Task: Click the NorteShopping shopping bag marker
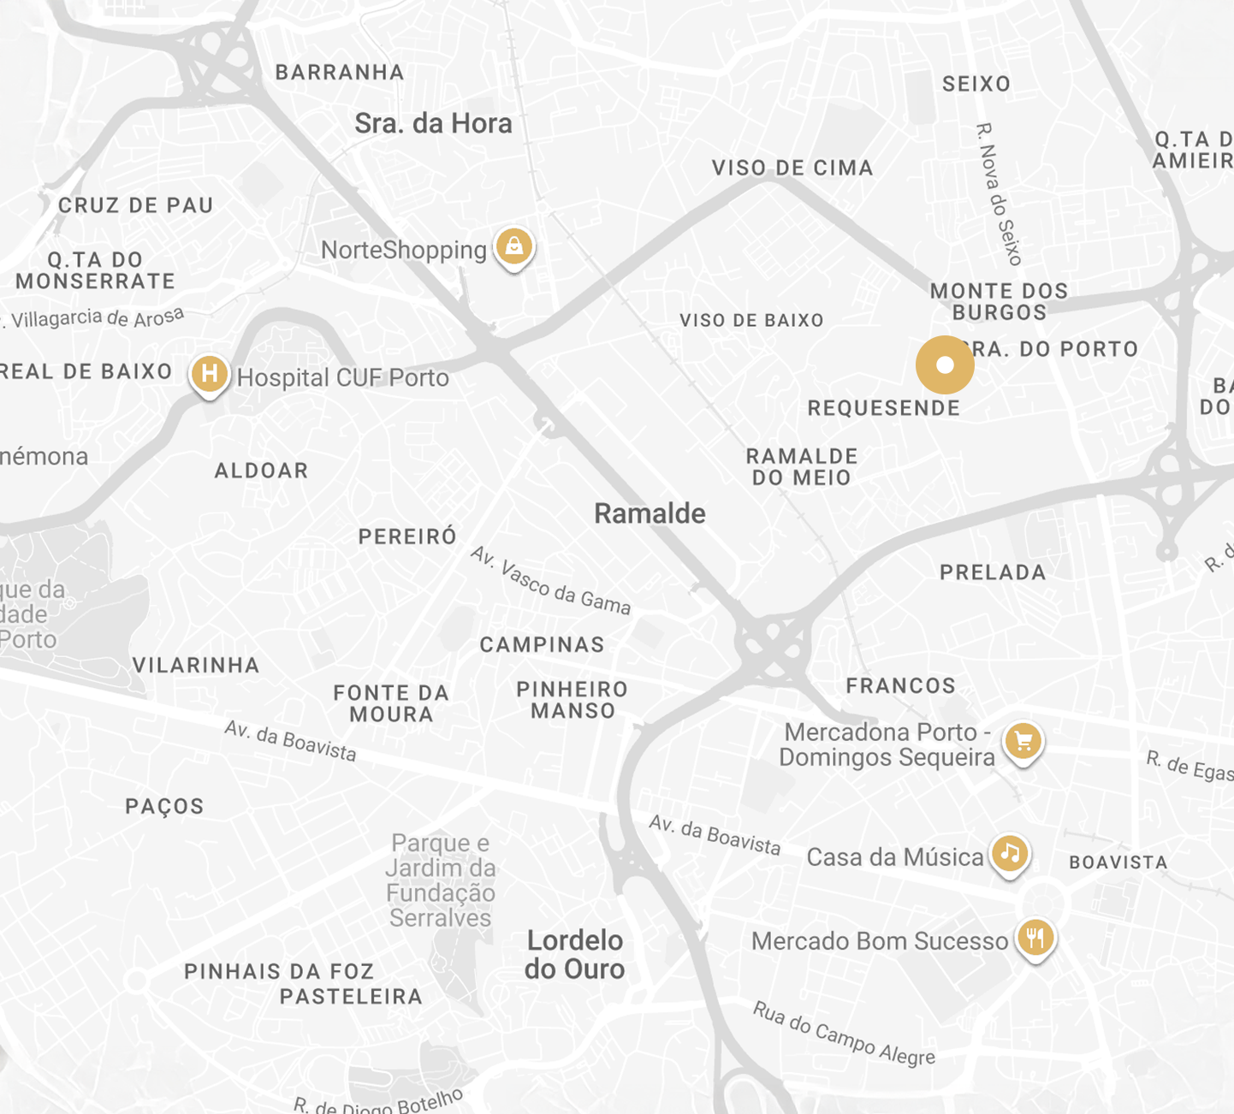point(513,247)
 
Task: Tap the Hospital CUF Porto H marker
point(209,374)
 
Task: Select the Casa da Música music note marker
point(1010,853)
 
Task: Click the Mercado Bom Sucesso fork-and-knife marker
point(1035,938)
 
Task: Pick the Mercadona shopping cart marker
point(1023,741)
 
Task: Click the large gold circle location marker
point(945,365)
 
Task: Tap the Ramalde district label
point(650,513)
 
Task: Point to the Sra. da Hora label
point(433,124)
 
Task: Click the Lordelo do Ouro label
point(575,955)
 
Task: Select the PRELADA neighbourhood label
point(993,572)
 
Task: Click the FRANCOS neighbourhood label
point(900,686)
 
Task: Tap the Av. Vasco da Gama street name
point(550,581)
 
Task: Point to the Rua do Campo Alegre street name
point(844,1034)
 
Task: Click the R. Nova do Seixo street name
point(1000,194)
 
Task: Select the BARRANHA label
point(340,73)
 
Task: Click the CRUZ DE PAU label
point(135,205)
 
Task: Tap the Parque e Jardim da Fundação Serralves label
point(440,880)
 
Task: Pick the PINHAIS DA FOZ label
point(279,972)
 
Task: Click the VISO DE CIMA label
point(792,169)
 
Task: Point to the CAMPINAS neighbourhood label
point(542,645)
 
